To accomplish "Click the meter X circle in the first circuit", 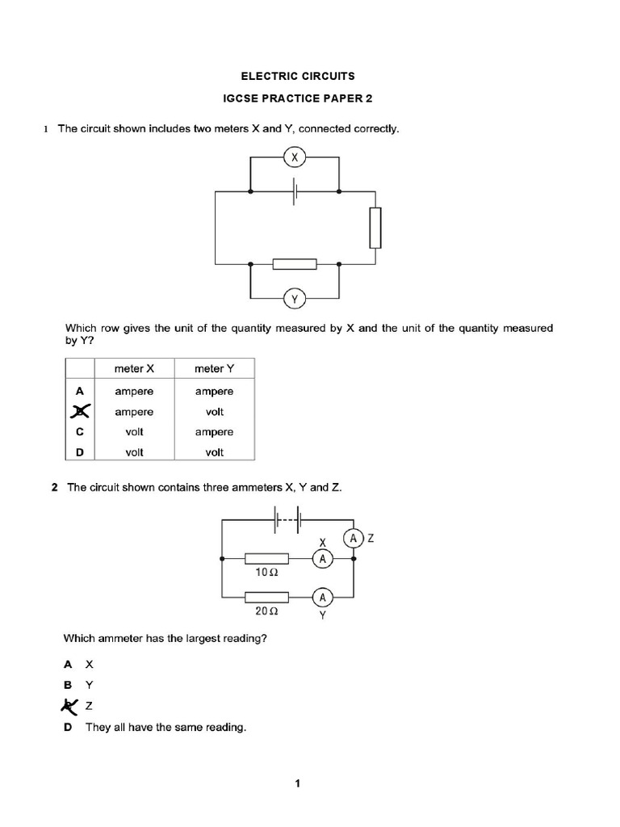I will [x=295, y=158].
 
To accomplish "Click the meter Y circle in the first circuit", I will [x=295, y=300].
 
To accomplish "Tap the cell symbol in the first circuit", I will [x=295, y=192].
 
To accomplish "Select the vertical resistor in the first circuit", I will [x=375, y=228].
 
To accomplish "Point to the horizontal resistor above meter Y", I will [x=295, y=264].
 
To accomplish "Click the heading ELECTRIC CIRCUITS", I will [x=298, y=76].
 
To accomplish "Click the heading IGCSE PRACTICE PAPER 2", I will [x=298, y=100].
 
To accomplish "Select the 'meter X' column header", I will [x=134, y=369].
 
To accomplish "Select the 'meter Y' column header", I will [x=214, y=369].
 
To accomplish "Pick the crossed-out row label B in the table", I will [x=79, y=412].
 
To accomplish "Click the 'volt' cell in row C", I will [x=134, y=432].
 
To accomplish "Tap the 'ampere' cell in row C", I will [x=214, y=432].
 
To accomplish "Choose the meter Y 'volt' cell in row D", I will [x=214, y=452].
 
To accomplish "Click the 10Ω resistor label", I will [x=267, y=572].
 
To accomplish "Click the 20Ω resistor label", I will [x=267, y=611].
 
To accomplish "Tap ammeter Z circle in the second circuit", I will [x=353, y=538].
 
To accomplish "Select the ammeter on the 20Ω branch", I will [x=323, y=598].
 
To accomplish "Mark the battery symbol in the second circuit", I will [x=288, y=519].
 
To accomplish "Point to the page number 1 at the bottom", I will [x=298, y=783].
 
